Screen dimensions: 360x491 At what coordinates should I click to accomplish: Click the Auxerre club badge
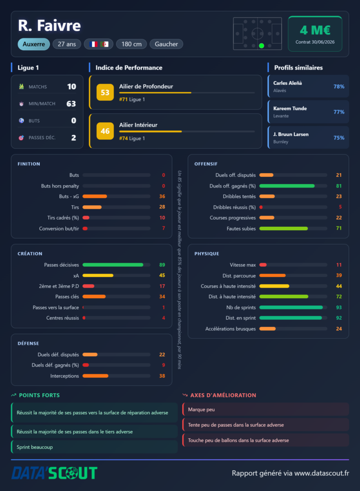click(x=34, y=44)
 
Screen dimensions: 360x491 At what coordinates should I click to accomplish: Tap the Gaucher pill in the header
click(x=166, y=44)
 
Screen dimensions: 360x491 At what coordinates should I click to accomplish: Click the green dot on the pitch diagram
click(x=261, y=46)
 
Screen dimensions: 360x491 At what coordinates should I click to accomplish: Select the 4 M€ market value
click(x=315, y=30)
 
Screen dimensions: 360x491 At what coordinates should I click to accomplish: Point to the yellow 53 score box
click(x=105, y=93)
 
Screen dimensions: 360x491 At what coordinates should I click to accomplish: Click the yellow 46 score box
click(x=105, y=131)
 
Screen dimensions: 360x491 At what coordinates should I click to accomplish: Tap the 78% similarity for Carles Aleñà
click(x=339, y=86)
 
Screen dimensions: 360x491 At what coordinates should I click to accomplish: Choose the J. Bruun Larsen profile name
click(x=291, y=134)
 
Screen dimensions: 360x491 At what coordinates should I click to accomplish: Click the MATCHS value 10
click(x=72, y=86)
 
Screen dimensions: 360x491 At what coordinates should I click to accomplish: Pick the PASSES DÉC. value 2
click(x=73, y=138)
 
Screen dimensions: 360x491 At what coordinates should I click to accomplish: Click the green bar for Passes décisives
click(x=113, y=265)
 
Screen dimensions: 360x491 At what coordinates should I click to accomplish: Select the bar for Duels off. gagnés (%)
click(x=287, y=186)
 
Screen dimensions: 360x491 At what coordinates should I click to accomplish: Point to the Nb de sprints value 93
click(x=339, y=307)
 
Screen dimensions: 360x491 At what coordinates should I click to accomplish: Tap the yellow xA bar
click(x=98, y=276)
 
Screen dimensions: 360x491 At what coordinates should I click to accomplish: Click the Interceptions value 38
click(x=162, y=376)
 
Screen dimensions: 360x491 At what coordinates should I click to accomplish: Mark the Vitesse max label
click(x=243, y=265)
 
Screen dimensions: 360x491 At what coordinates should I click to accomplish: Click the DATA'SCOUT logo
click(x=54, y=473)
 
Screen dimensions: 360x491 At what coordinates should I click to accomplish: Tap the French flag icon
click(x=93, y=44)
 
